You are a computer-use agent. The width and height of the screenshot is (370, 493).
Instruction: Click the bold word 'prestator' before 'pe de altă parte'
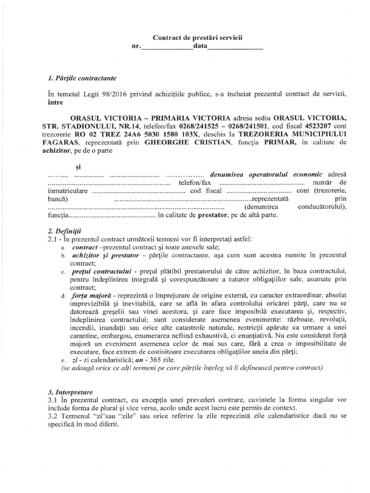(212, 215)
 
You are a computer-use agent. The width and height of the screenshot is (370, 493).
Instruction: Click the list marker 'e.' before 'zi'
(64, 360)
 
